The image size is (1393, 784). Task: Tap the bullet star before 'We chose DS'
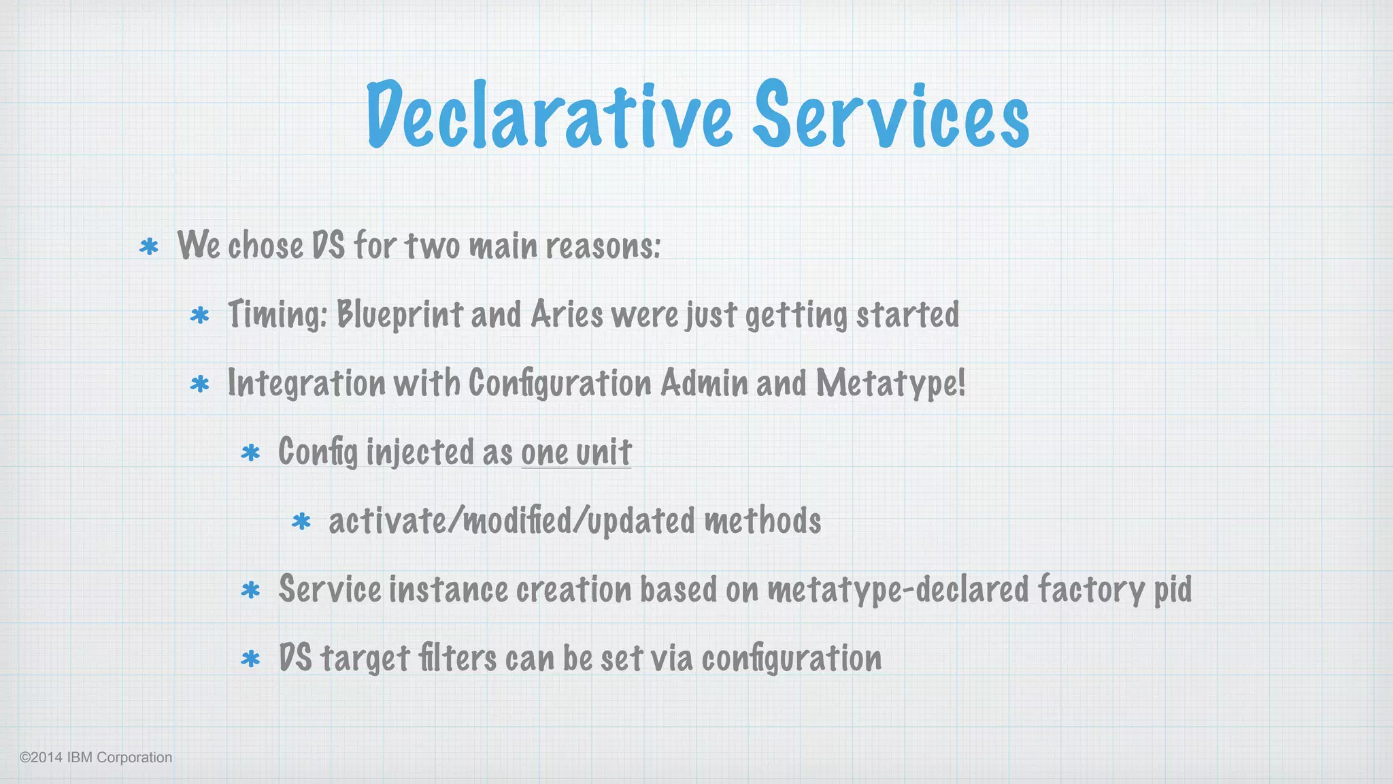[148, 246]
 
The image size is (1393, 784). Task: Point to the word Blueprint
[400, 315]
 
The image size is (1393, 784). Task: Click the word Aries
[567, 315]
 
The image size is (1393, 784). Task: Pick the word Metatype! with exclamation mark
[890, 383]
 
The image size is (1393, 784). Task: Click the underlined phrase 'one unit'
[576, 453]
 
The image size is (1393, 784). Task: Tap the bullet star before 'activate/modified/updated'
[301, 522]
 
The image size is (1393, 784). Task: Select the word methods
[762, 521]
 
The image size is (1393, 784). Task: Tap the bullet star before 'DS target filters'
[250, 659]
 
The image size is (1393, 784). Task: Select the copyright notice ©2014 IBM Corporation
[96, 757]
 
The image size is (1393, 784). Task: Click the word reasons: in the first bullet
[603, 246]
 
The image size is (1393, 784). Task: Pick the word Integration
[306, 383]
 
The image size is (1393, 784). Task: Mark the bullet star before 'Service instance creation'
[250, 590]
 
